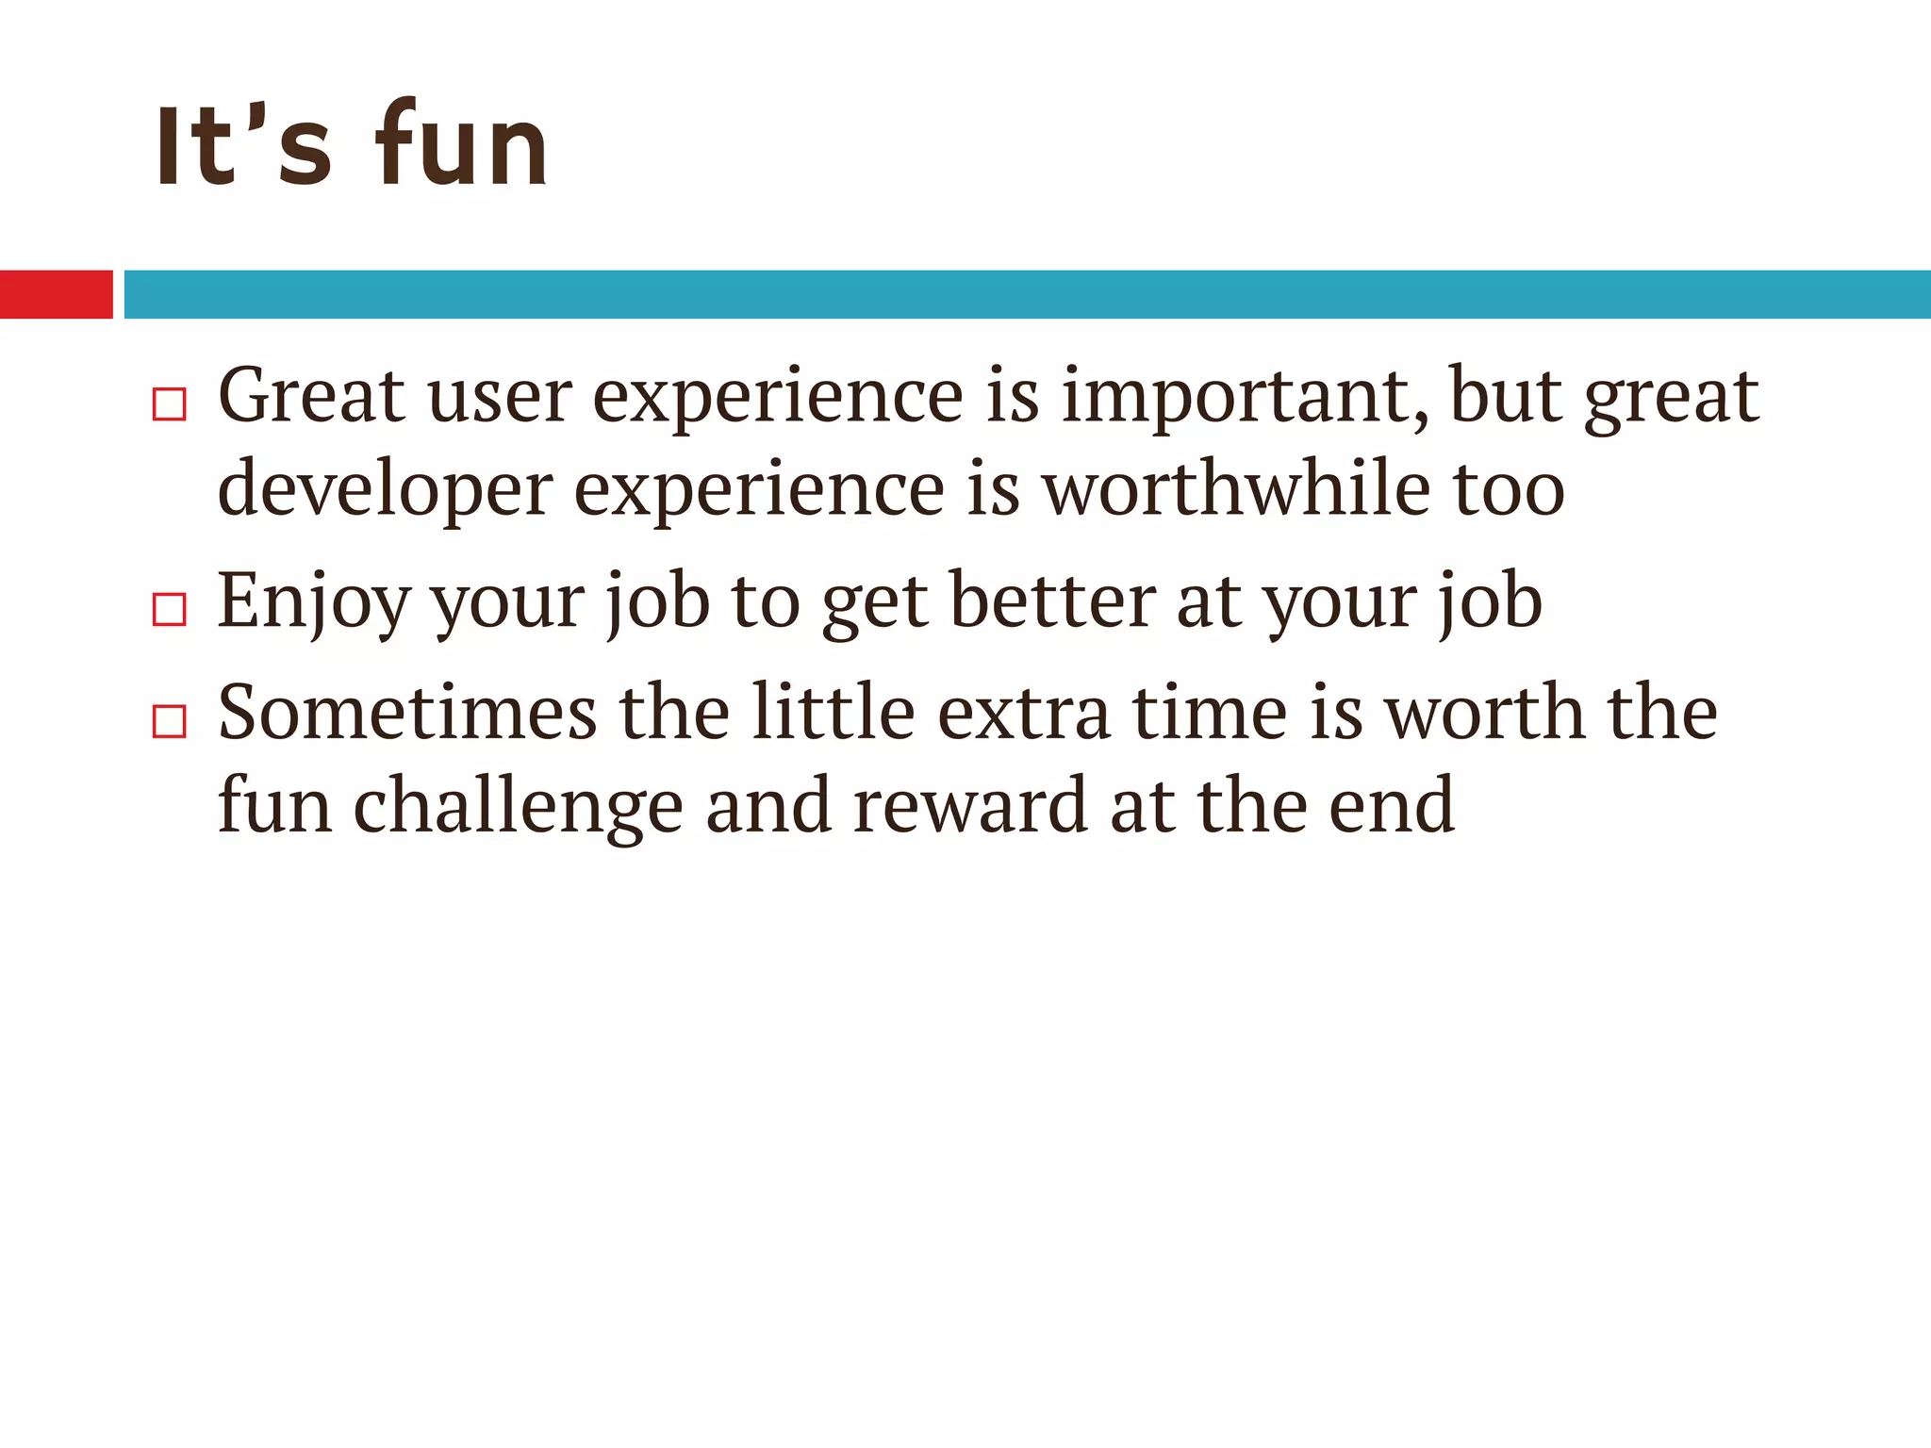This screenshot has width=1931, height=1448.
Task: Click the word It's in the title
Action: [x=243, y=146]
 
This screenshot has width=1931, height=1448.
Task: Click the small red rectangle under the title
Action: [x=56, y=294]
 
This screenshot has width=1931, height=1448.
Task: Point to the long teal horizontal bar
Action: [x=1027, y=294]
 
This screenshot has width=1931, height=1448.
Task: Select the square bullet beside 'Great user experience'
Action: [x=170, y=404]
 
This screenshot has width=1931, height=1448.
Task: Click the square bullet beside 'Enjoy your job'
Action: [x=170, y=609]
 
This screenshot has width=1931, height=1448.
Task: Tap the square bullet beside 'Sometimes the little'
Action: [x=170, y=721]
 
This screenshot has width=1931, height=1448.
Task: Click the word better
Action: [x=1051, y=601]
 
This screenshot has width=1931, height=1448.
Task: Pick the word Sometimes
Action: [x=407, y=713]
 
